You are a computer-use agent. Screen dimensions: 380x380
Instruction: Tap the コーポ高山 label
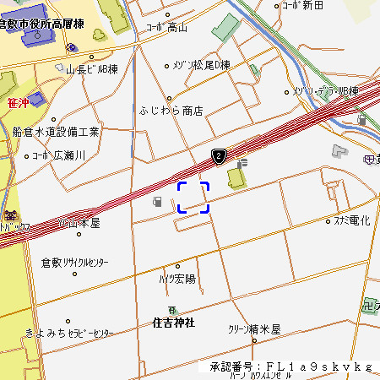click(x=168, y=27)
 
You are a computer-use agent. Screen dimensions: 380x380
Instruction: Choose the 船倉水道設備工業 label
click(x=56, y=132)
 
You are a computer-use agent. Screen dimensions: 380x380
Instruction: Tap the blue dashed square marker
click(x=193, y=197)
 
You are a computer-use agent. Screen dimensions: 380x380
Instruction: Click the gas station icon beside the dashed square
click(x=157, y=202)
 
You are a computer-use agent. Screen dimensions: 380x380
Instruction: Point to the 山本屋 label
click(x=80, y=224)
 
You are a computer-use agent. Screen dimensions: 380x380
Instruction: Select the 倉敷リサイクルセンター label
click(x=76, y=263)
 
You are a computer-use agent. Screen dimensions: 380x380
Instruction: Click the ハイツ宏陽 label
click(x=176, y=278)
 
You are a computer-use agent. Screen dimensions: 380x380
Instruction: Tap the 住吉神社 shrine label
click(x=174, y=323)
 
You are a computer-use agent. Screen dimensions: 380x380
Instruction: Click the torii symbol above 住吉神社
click(x=173, y=310)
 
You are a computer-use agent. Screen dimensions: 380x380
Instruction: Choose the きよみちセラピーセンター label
click(x=69, y=334)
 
